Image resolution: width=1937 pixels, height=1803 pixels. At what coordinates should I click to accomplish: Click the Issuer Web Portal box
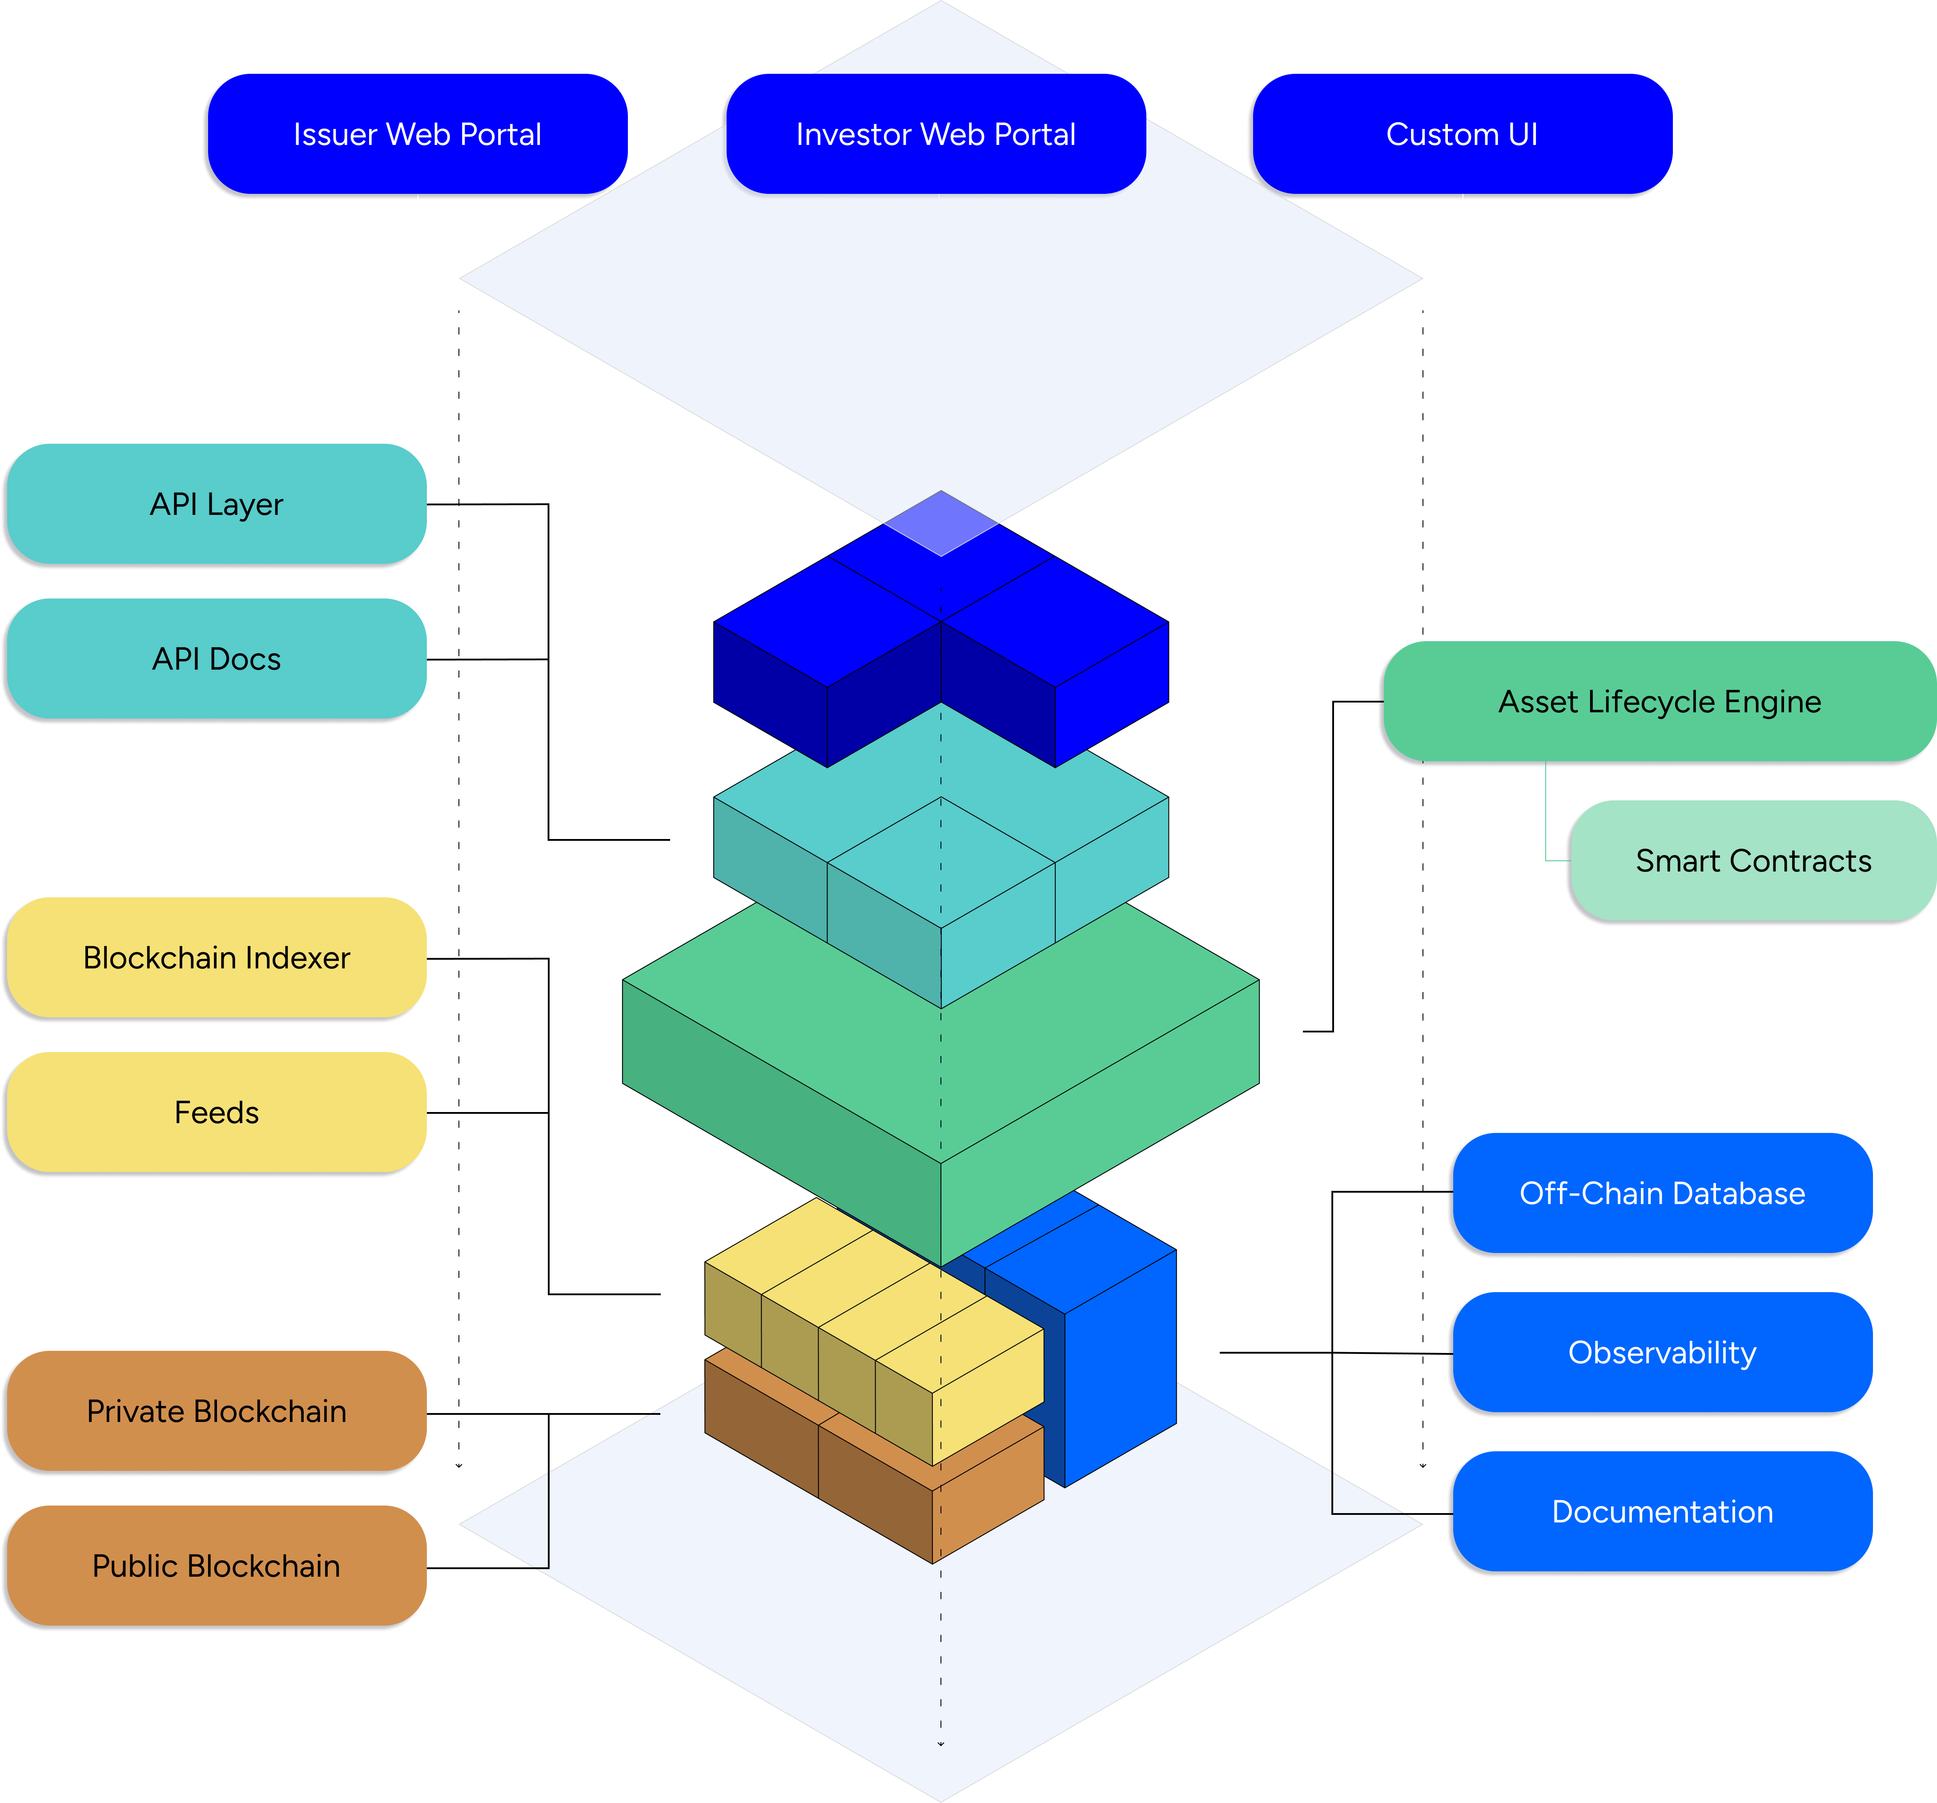tap(417, 134)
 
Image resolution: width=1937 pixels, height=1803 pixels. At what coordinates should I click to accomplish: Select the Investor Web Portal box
tap(936, 134)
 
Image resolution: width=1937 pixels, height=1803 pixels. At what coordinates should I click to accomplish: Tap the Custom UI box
tap(1462, 134)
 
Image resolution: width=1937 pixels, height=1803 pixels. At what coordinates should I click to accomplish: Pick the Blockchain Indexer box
tap(216, 957)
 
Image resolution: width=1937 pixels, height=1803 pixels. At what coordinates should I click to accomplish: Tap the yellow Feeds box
tap(216, 1112)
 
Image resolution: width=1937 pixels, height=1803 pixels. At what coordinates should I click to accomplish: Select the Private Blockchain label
tap(216, 1411)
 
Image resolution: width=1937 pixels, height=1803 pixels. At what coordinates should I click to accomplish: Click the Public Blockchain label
tap(216, 1566)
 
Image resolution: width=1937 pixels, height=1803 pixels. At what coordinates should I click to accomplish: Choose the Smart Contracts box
tap(1753, 861)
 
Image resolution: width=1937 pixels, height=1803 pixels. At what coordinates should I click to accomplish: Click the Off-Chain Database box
tap(1662, 1193)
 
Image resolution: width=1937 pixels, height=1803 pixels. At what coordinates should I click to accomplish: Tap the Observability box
tap(1662, 1353)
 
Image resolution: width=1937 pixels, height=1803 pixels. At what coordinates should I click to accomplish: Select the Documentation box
tap(1662, 1512)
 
